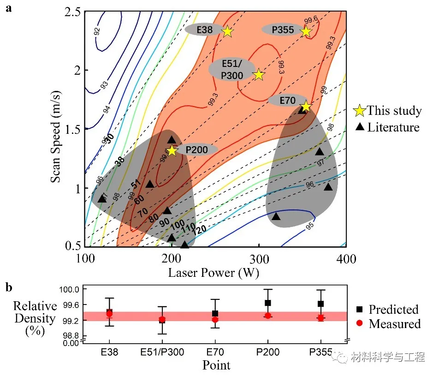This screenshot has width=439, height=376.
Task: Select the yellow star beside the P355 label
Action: tap(306, 31)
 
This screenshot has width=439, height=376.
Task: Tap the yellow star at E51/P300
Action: tap(259, 75)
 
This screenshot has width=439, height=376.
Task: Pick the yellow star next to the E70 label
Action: tap(305, 107)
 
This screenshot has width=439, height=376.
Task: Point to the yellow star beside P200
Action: tap(172, 150)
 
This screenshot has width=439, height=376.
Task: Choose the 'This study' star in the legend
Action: tap(360, 111)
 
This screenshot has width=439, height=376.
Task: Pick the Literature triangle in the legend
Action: tap(360, 127)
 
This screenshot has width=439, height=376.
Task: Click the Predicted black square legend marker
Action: tap(361, 309)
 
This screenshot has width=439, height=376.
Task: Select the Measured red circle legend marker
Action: tap(361, 323)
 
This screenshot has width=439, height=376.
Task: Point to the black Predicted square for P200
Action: tap(268, 303)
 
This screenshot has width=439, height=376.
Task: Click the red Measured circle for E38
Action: tap(109, 314)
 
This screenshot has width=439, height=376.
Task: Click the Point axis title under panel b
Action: tap(216, 366)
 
